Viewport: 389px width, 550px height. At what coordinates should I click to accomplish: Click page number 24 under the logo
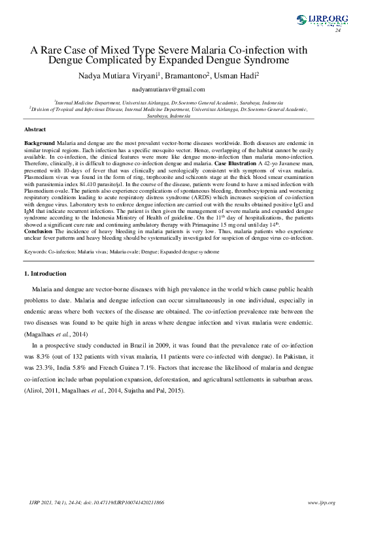pos(338,31)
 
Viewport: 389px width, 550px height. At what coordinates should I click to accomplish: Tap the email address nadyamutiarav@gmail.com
pos(168,89)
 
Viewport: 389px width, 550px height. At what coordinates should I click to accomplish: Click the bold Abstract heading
pos(35,130)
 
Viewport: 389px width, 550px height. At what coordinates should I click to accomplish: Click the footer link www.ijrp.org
pos(321,503)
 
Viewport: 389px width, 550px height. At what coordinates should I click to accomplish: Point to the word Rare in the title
pos(55,49)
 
